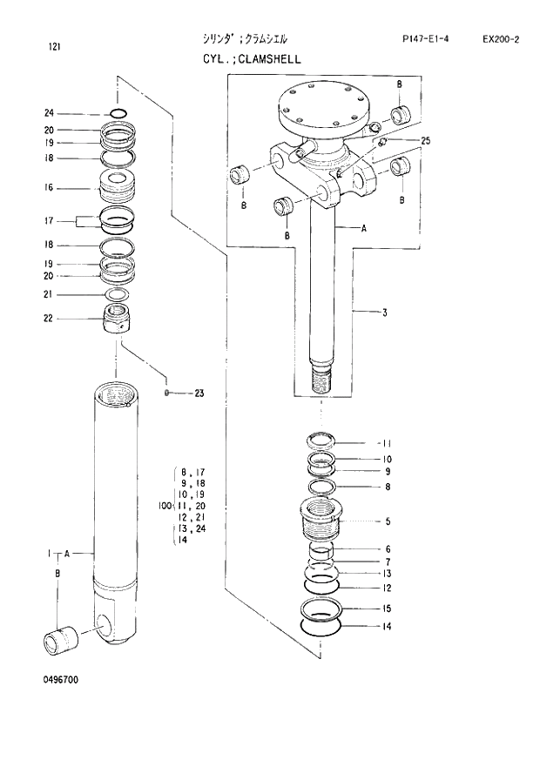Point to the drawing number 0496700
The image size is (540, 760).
point(58,680)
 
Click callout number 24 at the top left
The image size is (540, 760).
point(49,113)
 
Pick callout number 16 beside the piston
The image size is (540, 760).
point(49,187)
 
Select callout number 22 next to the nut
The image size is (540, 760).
point(49,318)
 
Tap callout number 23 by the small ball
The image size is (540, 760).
point(199,393)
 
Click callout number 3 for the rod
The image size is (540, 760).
point(384,313)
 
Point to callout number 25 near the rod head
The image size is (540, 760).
point(425,140)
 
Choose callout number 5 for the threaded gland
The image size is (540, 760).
point(388,522)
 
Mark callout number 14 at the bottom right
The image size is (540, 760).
point(387,626)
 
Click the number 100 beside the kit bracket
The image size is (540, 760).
point(164,506)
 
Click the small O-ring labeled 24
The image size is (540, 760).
point(119,112)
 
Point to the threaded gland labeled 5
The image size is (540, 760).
point(322,519)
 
